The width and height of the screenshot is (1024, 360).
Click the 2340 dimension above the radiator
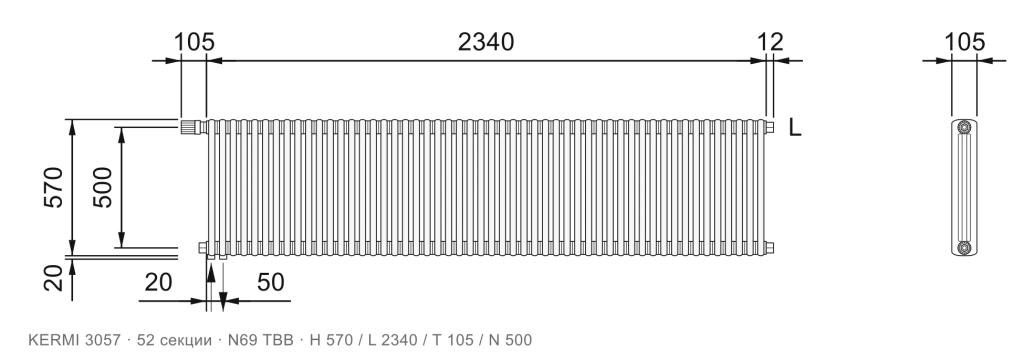[x=485, y=42]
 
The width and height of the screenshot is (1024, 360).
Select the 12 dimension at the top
[x=771, y=42]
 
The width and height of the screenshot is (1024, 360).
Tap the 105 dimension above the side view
[x=965, y=42]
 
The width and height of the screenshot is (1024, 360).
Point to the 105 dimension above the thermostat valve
[x=194, y=42]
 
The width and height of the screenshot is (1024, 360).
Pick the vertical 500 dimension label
[x=102, y=188]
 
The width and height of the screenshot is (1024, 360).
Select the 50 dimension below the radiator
[x=270, y=282]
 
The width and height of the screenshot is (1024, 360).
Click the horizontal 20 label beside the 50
[x=158, y=282]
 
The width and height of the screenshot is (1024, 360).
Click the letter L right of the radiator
[x=795, y=127]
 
